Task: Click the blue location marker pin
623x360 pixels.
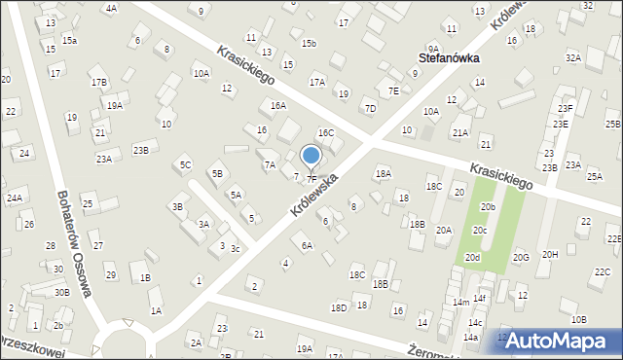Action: pos(311,157)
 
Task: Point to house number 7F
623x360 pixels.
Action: pos(311,179)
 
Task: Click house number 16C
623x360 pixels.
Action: pos(326,132)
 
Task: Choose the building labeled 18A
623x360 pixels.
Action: pos(384,173)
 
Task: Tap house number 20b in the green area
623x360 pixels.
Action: pos(488,206)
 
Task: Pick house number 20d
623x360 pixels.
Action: pos(472,257)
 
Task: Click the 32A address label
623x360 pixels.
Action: pos(573,58)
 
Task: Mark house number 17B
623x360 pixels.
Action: pos(99,83)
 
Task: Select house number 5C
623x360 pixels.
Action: pos(185,164)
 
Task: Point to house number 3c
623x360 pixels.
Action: pos(235,249)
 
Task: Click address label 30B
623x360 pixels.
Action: pos(61,292)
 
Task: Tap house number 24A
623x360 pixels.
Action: pos(15,198)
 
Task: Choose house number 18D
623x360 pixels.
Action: pos(339,307)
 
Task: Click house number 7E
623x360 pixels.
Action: pos(393,90)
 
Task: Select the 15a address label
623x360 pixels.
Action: pos(69,40)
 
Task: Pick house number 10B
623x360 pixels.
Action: pos(579,319)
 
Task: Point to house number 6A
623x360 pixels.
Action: pos(307,245)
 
